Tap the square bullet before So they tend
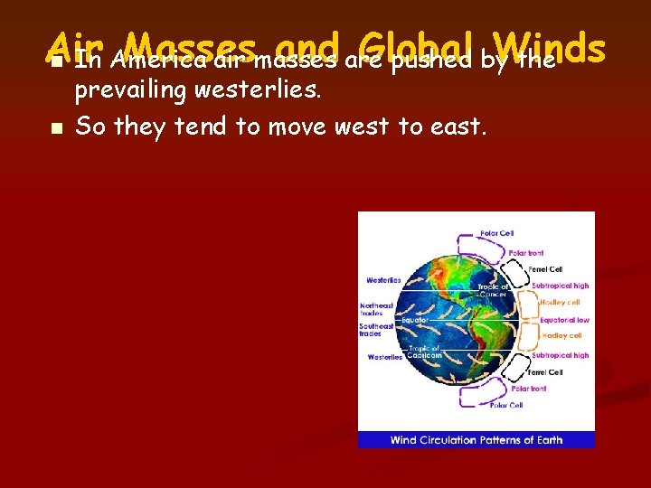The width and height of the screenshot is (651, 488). [x=57, y=128]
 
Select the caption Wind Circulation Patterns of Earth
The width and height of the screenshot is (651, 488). [x=476, y=440]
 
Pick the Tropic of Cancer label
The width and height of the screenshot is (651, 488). [x=494, y=290]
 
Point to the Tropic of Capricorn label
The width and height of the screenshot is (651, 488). [x=423, y=352]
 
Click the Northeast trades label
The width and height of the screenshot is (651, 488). [x=376, y=309]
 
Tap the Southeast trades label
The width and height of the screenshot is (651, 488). [x=376, y=330]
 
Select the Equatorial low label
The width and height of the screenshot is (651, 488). [x=564, y=319]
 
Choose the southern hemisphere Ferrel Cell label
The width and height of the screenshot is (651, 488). [x=545, y=371]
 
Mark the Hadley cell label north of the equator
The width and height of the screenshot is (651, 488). [x=561, y=303]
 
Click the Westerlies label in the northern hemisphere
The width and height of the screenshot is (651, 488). [x=383, y=280]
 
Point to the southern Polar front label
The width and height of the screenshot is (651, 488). [x=529, y=389]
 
